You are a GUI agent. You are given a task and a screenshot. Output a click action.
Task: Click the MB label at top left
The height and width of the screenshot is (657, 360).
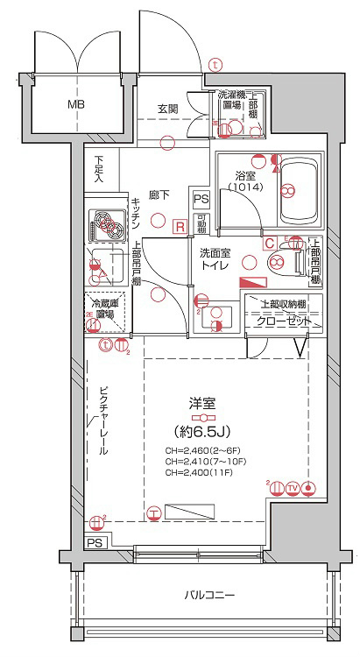tap(77, 105)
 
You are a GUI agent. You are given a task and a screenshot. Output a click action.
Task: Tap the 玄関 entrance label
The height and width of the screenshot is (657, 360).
tap(168, 109)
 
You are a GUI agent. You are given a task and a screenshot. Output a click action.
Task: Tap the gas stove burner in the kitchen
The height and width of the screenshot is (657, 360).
tap(108, 227)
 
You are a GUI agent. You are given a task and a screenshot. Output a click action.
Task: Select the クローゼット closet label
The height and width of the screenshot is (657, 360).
tap(283, 321)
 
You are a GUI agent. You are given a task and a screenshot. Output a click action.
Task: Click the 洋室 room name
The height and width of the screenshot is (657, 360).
tap(202, 405)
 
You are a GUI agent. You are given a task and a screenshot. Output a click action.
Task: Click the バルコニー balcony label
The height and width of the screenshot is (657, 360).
tap(209, 596)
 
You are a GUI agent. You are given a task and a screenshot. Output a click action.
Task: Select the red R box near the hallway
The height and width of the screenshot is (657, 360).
tap(180, 227)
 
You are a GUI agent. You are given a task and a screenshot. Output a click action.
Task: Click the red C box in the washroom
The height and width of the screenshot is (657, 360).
tap(270, 243)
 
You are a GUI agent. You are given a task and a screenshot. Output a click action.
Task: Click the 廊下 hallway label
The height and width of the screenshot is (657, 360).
tap(159, 194)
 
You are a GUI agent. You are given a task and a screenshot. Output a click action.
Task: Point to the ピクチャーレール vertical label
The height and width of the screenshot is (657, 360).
tap(102, 420)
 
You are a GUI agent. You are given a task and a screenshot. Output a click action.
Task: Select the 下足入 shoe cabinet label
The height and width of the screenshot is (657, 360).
tap(100, 169)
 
